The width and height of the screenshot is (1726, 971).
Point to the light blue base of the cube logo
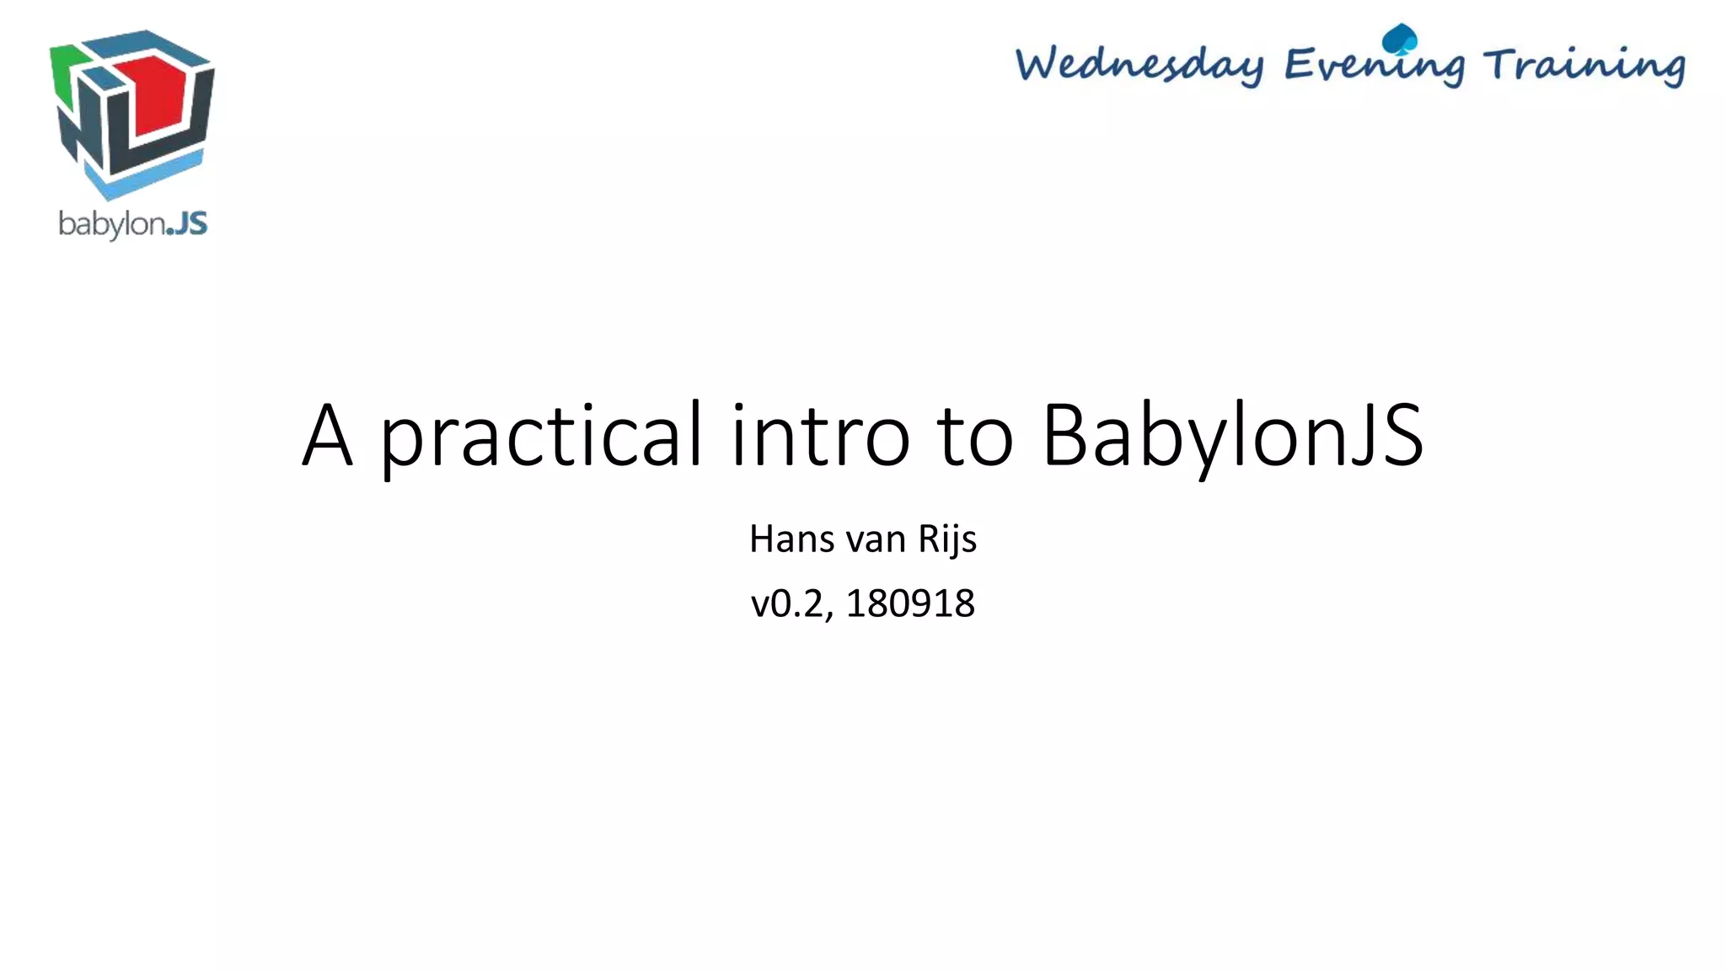[x=143, y=177]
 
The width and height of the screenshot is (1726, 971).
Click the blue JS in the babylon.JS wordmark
[x=186, y=224]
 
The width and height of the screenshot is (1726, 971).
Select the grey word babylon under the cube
[x=110, y=225]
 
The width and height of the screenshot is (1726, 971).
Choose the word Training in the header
[x=1584, y=65]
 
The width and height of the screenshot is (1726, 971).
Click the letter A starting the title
[x=327, y=436]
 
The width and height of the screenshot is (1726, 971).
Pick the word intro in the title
[x=820, y=436]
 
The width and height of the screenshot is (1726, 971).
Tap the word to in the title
[x=975, y=436]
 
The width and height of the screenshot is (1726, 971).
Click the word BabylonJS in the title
[x=1232, y=436]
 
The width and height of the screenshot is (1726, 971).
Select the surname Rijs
[x=947, y=539]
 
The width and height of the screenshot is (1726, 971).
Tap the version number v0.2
[x=790, y=604]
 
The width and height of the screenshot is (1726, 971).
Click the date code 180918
[x=910, y=604]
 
